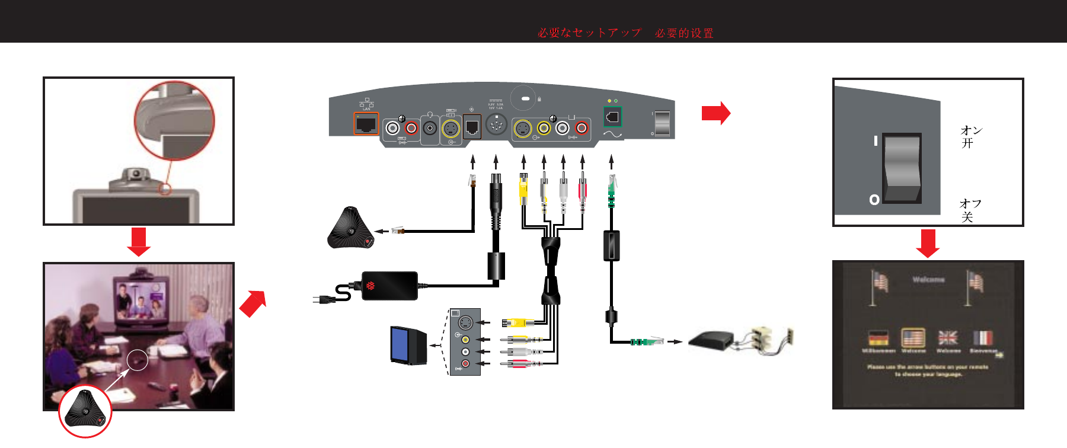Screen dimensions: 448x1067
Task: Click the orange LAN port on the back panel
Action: coord(366,124)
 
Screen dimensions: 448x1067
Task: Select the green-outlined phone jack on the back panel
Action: coord(612,117)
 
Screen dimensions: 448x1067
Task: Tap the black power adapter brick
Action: coord(389,286)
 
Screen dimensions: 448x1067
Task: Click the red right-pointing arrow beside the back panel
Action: coord(715,113)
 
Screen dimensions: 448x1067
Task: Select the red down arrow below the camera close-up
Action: coord(139,241)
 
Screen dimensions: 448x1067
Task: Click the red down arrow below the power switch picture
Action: coord(928,243)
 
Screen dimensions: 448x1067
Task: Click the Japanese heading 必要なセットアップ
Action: coord(589,33)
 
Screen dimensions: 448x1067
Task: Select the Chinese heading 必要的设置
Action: coord(684,33)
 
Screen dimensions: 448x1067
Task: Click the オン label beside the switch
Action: coord(971,130)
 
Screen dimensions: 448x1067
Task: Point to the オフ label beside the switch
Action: coord(970,203)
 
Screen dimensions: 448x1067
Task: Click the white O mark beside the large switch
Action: coord(874,200)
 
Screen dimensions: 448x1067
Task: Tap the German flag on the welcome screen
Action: coord(878,338)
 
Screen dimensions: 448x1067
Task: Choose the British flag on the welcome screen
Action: coord(948,338)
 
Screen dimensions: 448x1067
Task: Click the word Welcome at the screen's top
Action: coord(928,279)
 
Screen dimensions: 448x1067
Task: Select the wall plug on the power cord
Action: coord(321,299)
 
